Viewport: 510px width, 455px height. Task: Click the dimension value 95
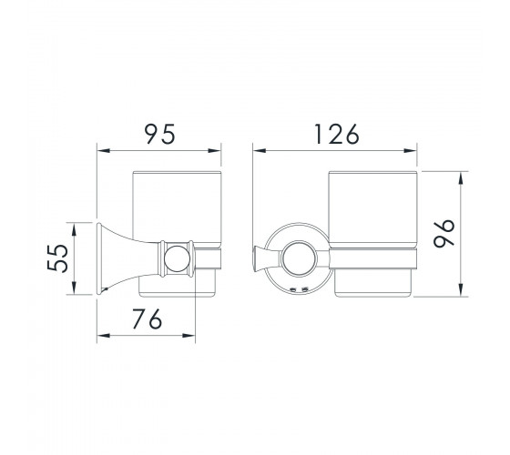159,134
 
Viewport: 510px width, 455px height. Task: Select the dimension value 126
337,134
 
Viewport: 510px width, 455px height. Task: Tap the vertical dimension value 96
444,233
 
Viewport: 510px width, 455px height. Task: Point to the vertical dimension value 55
57,258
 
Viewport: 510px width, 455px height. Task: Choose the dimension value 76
147,318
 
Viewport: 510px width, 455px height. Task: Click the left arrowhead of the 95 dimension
104,151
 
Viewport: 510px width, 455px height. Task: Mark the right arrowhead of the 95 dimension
215,151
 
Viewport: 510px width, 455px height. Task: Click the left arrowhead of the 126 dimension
260,151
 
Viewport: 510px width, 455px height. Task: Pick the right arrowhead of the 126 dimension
410,151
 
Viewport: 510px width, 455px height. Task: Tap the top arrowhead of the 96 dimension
461,178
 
